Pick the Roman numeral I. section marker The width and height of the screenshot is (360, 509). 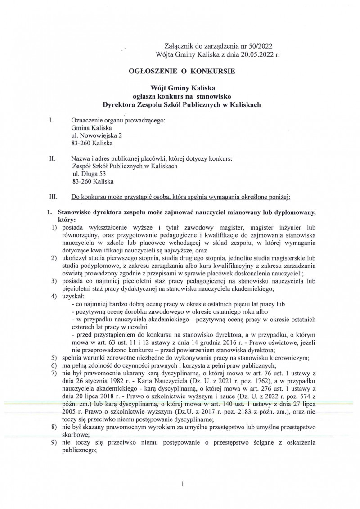click(x=51, y=121)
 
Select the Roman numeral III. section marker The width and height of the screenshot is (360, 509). click(x=53, y=197)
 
